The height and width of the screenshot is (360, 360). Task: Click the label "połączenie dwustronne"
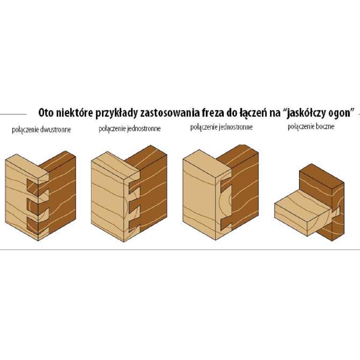pos(41,130)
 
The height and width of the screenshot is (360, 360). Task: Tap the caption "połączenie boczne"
pos(311,127)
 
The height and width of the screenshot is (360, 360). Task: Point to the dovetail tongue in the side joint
pos(335,212)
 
